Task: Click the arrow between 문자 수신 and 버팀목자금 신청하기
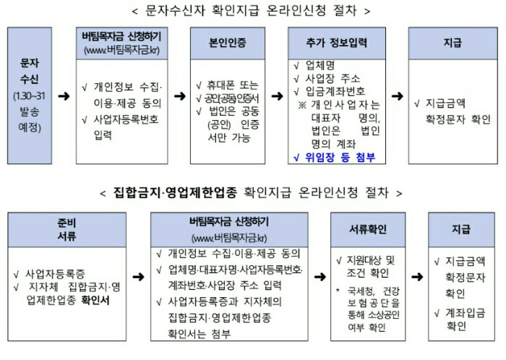point(64,95)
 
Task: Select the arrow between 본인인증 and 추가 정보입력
point(277,95)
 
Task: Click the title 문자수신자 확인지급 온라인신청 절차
point(252,12)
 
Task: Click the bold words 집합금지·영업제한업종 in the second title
point(184,192)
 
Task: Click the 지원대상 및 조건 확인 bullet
point(369,265)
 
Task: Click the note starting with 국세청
point(370,308)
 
